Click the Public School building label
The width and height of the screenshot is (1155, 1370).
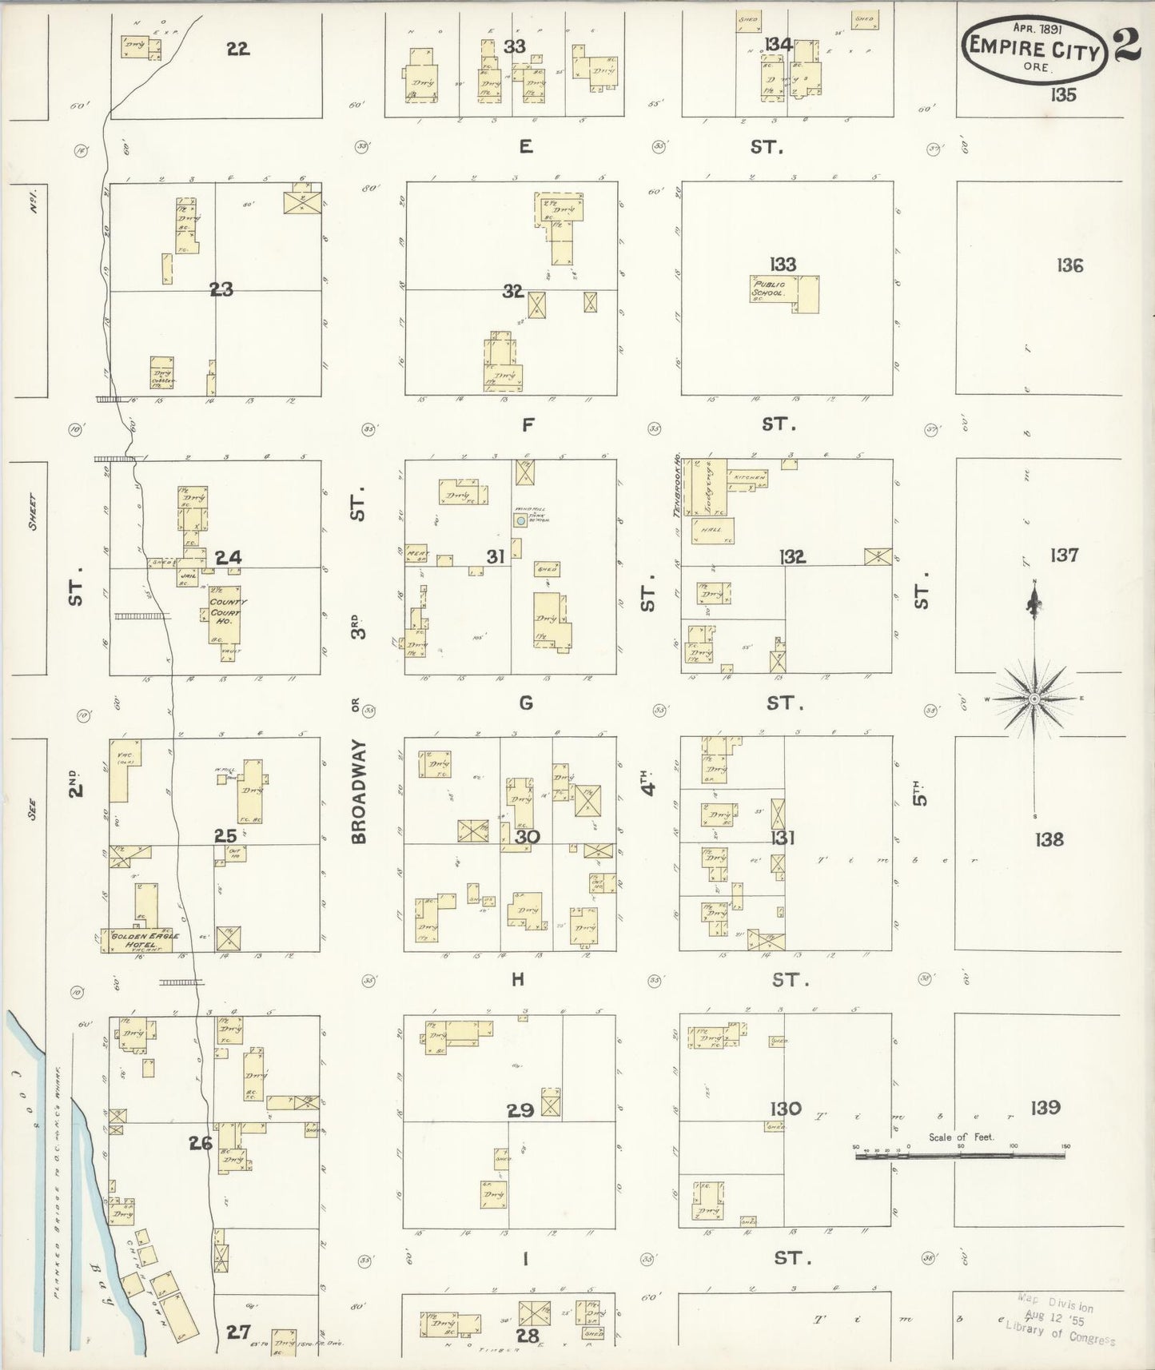coord(768,289)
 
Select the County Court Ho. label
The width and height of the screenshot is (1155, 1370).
coord(229,607)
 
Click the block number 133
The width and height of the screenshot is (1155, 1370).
coord(783,264)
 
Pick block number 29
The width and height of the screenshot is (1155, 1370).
coord(520,1110)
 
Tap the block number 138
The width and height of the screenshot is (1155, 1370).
coord(1049,838)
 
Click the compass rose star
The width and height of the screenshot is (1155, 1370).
coord(1034,699)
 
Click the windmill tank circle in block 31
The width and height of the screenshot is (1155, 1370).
coord(520,520)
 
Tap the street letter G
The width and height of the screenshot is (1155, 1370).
coord(525,703)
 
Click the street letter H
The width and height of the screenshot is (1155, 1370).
coord(518,979)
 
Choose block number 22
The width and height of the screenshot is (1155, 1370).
coord(237,49)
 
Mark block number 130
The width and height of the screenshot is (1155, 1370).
coord(786,1109)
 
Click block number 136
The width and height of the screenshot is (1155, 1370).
coord(1069,265)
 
